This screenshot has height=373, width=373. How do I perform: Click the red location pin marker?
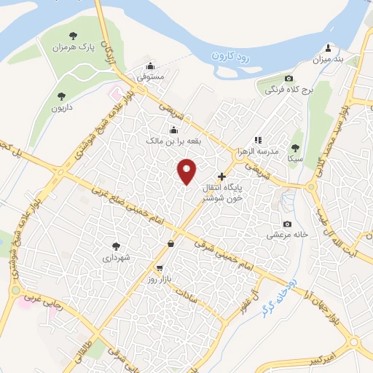click(x=188, y=171)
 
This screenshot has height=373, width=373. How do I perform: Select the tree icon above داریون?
click(x=62, y=95)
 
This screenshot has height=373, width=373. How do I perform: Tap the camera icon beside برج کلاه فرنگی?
click(x=289, y=79)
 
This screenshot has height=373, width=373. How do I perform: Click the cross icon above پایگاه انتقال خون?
click(x=222, y=176)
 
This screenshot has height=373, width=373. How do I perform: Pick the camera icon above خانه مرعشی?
click(x=288, y=224)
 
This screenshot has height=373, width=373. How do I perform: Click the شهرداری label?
click(x=117, y=258)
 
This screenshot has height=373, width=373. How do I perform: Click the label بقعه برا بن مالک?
click(x=174, y=140)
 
